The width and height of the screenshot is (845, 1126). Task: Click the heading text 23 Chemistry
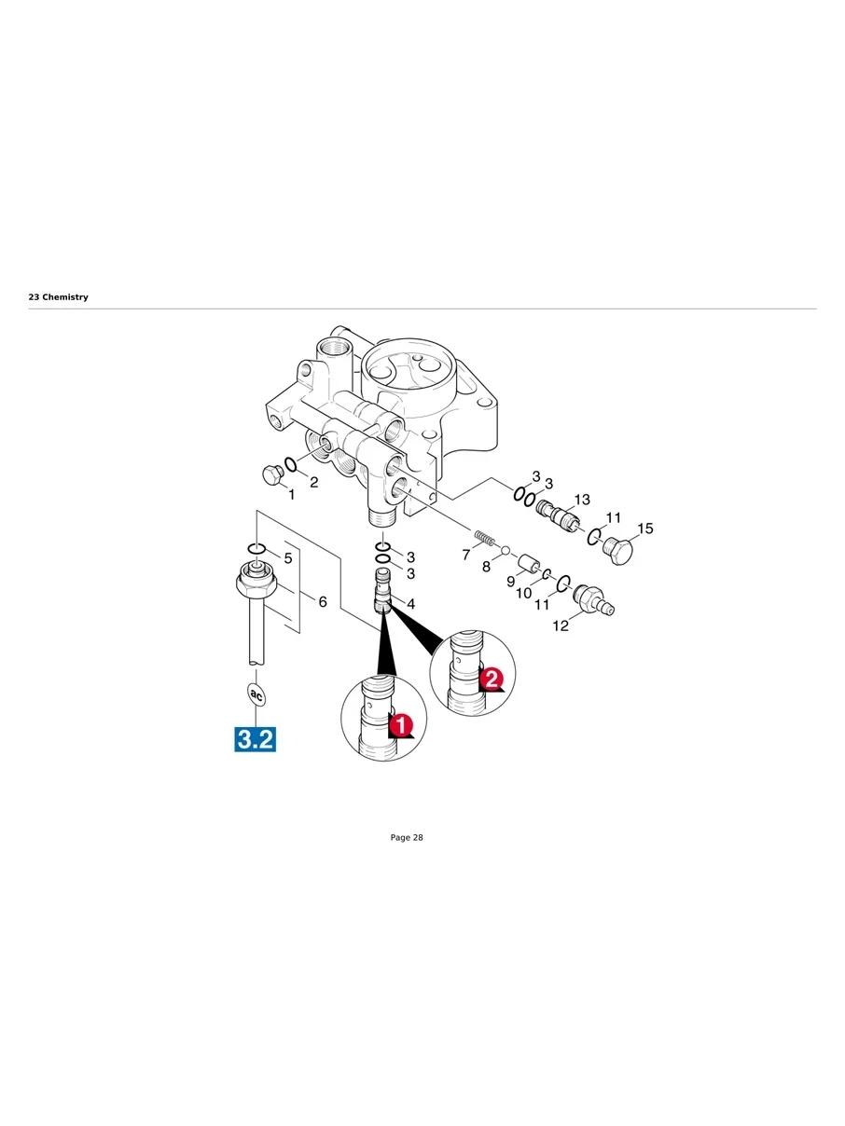click(x=58, y=297)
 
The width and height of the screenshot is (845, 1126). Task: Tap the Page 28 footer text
click(x=406, y=838)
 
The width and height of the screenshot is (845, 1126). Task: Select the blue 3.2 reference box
click(x=255, y=740)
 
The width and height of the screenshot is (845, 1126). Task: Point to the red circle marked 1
click(x=400, y=723)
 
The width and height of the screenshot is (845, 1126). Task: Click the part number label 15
click(x=644, y=529)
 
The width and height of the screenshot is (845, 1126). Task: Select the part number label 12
click(x=561, y=625)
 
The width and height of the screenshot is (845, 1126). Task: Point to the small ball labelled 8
click(x=505, y=551)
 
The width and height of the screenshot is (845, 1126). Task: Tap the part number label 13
click(x=581, y=501)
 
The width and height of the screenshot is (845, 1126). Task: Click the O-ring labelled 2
click(x=291, y=465)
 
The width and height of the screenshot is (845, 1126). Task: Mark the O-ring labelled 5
click(x=257, y=548)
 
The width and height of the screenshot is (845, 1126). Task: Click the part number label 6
click(x=323, y=602)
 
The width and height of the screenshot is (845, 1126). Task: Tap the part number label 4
click(x=410, y=604)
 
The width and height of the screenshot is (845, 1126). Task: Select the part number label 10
click(x=523, y=593)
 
